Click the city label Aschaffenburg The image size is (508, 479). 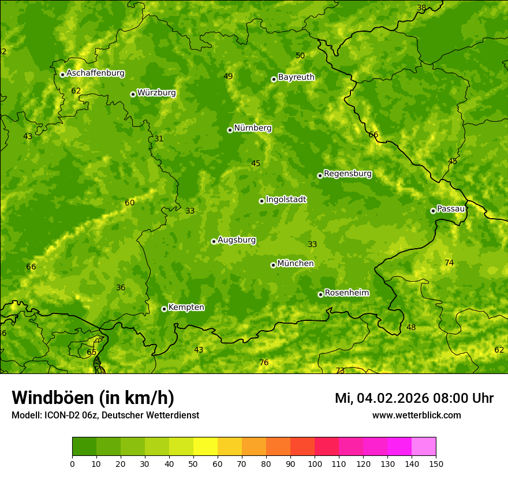pos(95,73)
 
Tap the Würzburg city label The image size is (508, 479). pos(156,93)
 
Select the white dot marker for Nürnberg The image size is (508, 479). pos(230,130)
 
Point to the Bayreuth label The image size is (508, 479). pos(296,77)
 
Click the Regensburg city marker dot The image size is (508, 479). pos(320,175)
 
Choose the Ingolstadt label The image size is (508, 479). pos(286,200)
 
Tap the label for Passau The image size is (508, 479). pos(451,209)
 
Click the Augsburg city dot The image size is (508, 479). pos(214,241)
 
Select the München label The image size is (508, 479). pos(296,264)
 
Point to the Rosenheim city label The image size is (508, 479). pos(346,293)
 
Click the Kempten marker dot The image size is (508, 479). pos(164,309)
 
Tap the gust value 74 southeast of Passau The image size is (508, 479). pos(449,263)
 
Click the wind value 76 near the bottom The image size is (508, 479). pos(264,363)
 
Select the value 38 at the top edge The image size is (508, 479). pos(421,8)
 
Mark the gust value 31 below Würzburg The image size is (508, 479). pos(159,139)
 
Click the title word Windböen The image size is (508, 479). pos(53,398)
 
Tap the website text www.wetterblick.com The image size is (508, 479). pos(416,416)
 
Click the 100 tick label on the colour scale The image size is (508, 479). pos(315,463)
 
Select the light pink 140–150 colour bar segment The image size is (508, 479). pos(424,446)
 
